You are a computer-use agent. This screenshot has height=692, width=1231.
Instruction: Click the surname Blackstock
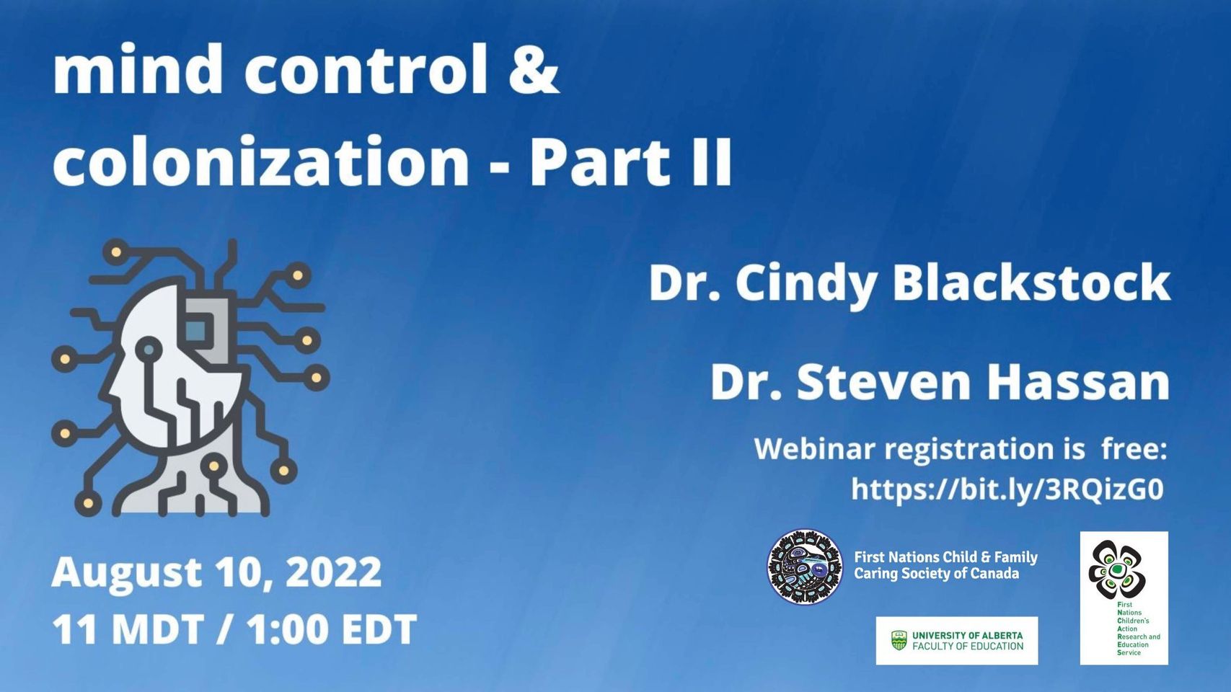pos(1031,283)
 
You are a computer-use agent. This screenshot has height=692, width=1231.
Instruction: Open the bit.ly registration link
pos(1007,489)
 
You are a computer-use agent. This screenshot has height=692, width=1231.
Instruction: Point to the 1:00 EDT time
pos(332,629)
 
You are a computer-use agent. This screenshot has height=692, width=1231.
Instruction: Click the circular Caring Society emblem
pos(805,567)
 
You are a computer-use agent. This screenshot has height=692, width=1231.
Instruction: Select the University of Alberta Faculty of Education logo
pos(957,640)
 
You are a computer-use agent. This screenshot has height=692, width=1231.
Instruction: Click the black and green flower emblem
pos(1117,569)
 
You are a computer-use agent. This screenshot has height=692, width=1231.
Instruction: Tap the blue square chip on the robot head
pos(196,329)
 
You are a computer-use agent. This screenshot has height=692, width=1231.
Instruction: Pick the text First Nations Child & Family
pos(945,557)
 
